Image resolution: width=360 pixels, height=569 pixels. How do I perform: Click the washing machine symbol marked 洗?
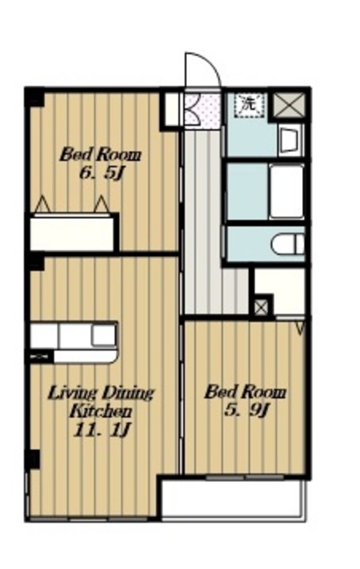click(x=249, y=105)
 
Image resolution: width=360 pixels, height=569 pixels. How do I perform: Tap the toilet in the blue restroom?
click(x=288, y=244)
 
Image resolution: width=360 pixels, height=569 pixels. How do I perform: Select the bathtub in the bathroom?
click(x=286, y=191)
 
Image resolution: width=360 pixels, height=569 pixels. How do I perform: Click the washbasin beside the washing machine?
click(x=291, y=140)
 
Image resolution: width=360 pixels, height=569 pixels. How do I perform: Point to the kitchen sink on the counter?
click(x=104, y=335)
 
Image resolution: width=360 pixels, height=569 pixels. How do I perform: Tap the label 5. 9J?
click(x=246, y=411)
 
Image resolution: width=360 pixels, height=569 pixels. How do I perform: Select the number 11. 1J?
click(x=101, y=430)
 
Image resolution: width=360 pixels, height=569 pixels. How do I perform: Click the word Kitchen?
click(x=100, y=412)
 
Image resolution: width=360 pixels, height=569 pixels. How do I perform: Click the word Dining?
click(x=129, y=393)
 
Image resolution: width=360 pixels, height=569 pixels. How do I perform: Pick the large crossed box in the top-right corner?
click(x=289, y=105)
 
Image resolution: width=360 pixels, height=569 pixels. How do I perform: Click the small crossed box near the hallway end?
click(x=261, y=309)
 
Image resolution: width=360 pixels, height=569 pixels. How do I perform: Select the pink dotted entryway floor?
click(x=203, y=111)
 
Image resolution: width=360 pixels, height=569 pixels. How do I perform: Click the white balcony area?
click(x=232, y=500)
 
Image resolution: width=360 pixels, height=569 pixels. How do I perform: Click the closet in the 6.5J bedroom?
click(x=71, y=233)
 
